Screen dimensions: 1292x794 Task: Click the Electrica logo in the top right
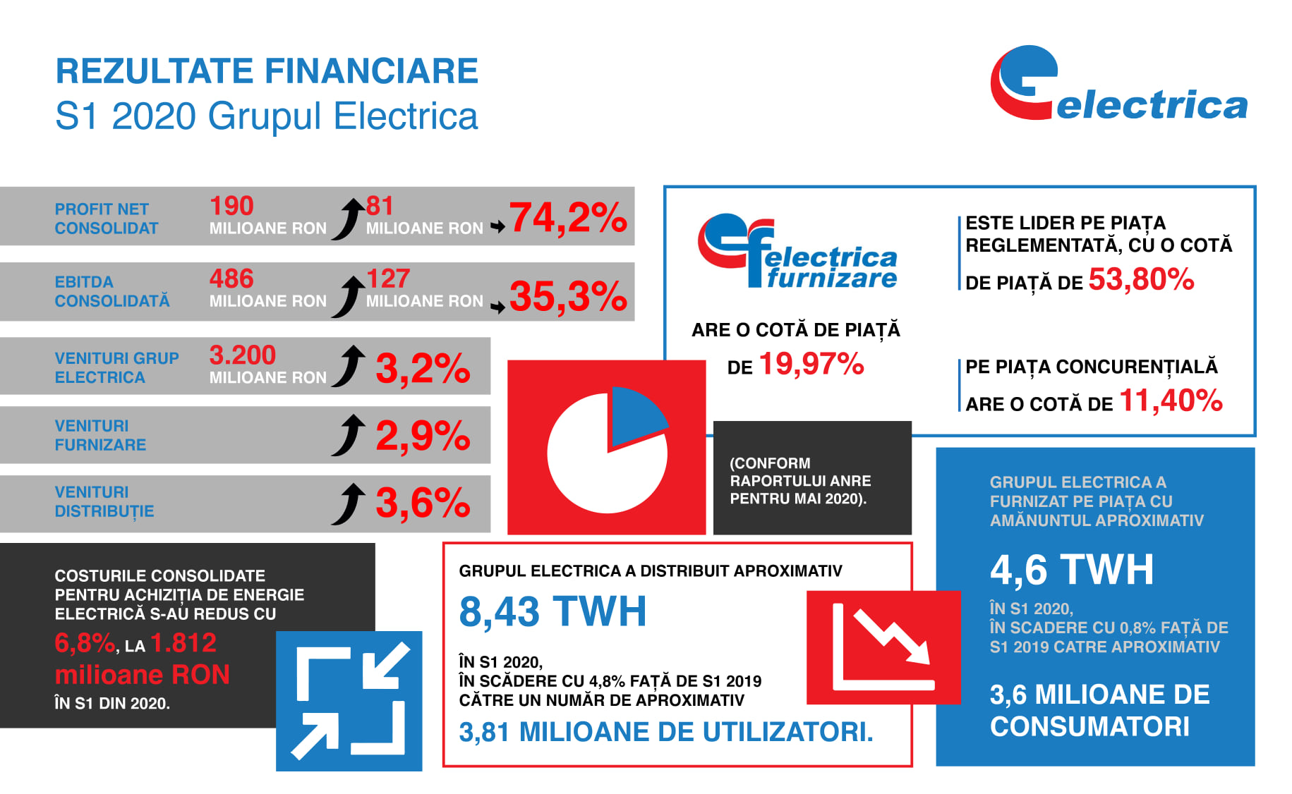coord(1118,85)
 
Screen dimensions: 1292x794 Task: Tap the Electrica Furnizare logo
coord(797,251)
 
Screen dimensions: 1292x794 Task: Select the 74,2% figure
coord(568,217)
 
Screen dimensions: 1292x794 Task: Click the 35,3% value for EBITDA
coord(568,295)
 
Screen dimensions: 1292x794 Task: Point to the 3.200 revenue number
coord(242,355)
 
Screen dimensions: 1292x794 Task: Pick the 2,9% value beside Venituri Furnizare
coord(423,436)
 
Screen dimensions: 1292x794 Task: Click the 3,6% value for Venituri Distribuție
coord(423,503)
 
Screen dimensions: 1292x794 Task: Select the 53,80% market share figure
coord(1141,279)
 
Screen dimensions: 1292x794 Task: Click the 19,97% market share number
coord(811,364)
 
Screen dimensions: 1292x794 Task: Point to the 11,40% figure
coord(1171,401)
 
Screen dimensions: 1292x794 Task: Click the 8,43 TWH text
coord(553,611)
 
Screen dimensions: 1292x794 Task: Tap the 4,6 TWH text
coord(1072,569)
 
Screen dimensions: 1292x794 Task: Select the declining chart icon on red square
coord(883,647)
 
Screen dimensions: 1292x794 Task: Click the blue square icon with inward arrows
coord(349,701)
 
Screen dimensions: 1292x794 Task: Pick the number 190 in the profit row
coord(231,206)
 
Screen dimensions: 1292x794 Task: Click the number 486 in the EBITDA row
coord(231,279)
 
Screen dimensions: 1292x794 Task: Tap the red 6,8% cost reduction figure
coord(85,643)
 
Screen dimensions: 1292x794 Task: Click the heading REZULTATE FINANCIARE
coord(267,71)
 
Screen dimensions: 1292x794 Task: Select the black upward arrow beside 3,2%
coord(349,366)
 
